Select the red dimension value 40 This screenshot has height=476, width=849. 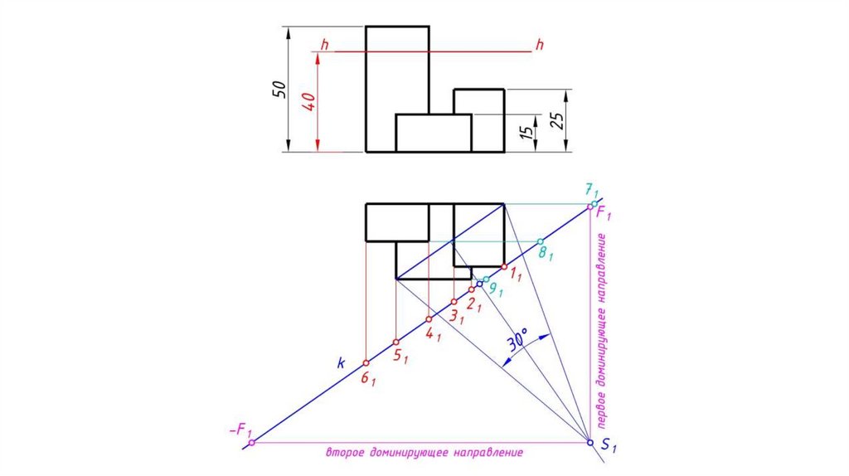click(x=308, y=102)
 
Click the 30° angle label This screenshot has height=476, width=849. click(x=518, y=342)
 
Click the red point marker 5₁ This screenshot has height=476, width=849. click(x=396, y=342)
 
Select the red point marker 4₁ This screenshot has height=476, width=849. click(x=428, y=319)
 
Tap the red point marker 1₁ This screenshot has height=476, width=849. click(x=504, y=267)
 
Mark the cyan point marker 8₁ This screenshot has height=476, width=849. click(x=541, y=241)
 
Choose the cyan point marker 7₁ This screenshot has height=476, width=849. click(x=594, y=204)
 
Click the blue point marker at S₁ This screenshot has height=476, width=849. click(x=590, y=443)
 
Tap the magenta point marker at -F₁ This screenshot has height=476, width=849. click(x=252, y=443)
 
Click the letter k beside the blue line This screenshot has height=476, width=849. click(x=340, y=362)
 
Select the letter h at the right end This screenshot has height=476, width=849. click(x=539, y=44)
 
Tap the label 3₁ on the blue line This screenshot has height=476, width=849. click(x=455, y=316)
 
